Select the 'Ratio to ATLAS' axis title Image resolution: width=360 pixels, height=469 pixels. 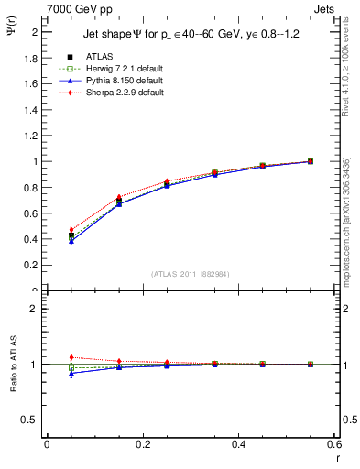tap(16, 365)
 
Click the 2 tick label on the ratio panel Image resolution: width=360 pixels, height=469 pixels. tap(35, 309)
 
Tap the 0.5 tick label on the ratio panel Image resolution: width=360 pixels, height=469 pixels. tap(32, 420)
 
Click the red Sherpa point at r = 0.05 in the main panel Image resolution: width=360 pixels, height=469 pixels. tap(71, 230)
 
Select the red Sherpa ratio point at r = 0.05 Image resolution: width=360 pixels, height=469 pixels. tap(71, 357)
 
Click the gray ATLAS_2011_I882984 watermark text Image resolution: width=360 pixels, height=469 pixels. tap(191, 274)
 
